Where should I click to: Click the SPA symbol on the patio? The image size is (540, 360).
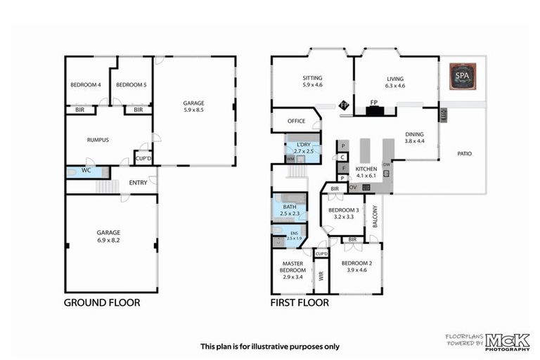click(x=462, y=76)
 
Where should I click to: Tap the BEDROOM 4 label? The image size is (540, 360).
click(x=86, y=85)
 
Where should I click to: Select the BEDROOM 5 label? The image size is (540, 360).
click(x=131, y=85)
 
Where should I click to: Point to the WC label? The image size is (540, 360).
click(x=86, y=170)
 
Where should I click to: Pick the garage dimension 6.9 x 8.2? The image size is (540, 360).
click(x=108, y=240)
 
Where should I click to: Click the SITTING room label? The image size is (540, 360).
click(x=312, y=79)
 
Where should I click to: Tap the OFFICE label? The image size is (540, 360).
click(x=296, y=121)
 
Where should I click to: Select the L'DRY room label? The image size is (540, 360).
click(x=302, y=144)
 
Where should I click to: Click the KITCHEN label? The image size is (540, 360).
click(x=366, y=169)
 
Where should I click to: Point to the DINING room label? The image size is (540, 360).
click(x=415, y=134)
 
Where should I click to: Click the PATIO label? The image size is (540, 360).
click(x=463, y=153)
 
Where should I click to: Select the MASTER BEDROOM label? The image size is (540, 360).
click(x=292, y=266)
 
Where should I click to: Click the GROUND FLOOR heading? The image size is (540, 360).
click(x=102, y=303)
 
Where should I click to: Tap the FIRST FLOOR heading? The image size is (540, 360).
click(x=300, y=303)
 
